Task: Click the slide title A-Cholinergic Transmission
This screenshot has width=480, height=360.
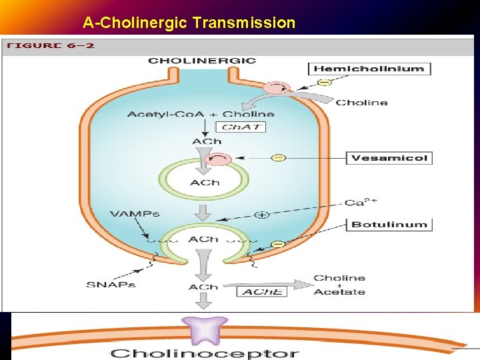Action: coord(189,23)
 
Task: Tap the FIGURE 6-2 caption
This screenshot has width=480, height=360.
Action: coord(50,46)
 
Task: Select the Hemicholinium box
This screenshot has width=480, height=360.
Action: coord(369,69)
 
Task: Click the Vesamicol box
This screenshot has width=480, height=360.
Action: coord(389,158)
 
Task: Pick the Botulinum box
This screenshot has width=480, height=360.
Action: coord(389,224)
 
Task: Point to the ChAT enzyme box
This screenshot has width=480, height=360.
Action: coord(242,127)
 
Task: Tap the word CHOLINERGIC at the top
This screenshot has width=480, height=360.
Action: coord(202,61)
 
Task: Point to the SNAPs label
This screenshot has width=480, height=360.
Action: coord(111,285)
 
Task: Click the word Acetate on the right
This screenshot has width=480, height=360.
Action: coord(339,292)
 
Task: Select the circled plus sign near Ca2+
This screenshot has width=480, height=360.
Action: coord(262,215)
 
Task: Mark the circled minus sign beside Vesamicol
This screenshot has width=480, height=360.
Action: coord(279,158)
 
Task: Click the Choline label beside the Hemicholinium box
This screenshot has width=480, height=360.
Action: coord(361,103)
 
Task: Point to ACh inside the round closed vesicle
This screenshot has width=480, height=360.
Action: coord(205,183)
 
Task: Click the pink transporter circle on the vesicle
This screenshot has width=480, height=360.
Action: coord(219,159)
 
